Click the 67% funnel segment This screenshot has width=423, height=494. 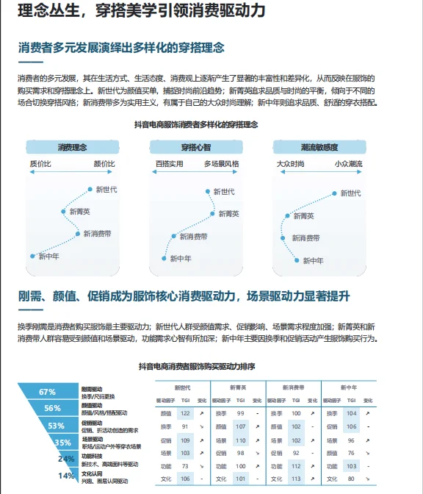48,391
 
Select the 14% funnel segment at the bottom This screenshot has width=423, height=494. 67,476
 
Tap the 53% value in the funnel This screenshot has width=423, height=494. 56,425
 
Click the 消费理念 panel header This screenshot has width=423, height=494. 72,146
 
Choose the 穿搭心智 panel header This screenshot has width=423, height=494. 197,146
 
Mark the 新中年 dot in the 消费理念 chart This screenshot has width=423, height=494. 32,256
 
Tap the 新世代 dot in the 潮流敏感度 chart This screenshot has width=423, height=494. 336,193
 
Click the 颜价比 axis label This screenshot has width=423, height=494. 104,163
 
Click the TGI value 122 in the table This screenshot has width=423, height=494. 185,413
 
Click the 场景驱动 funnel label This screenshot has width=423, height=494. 93,438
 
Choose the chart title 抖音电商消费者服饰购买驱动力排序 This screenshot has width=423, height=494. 197,366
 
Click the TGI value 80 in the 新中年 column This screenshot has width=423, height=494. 350,479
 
